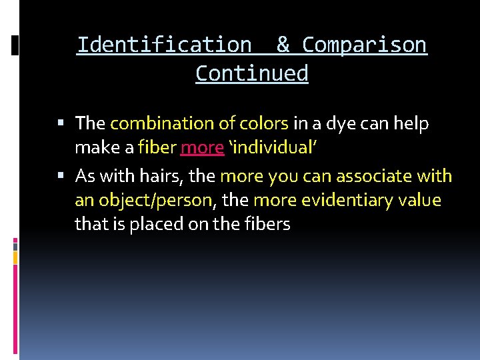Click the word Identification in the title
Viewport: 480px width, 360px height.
coord(164,45)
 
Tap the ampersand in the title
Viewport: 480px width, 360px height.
coord(283,45)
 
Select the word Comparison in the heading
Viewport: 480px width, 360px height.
coord(365,45)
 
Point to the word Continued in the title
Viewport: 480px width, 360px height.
coord(252,73)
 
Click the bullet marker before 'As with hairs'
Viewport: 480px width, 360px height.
coord(61,177)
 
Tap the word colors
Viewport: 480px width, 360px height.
coord(265,124)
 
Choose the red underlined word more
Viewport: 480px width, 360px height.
coord(202,148)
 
